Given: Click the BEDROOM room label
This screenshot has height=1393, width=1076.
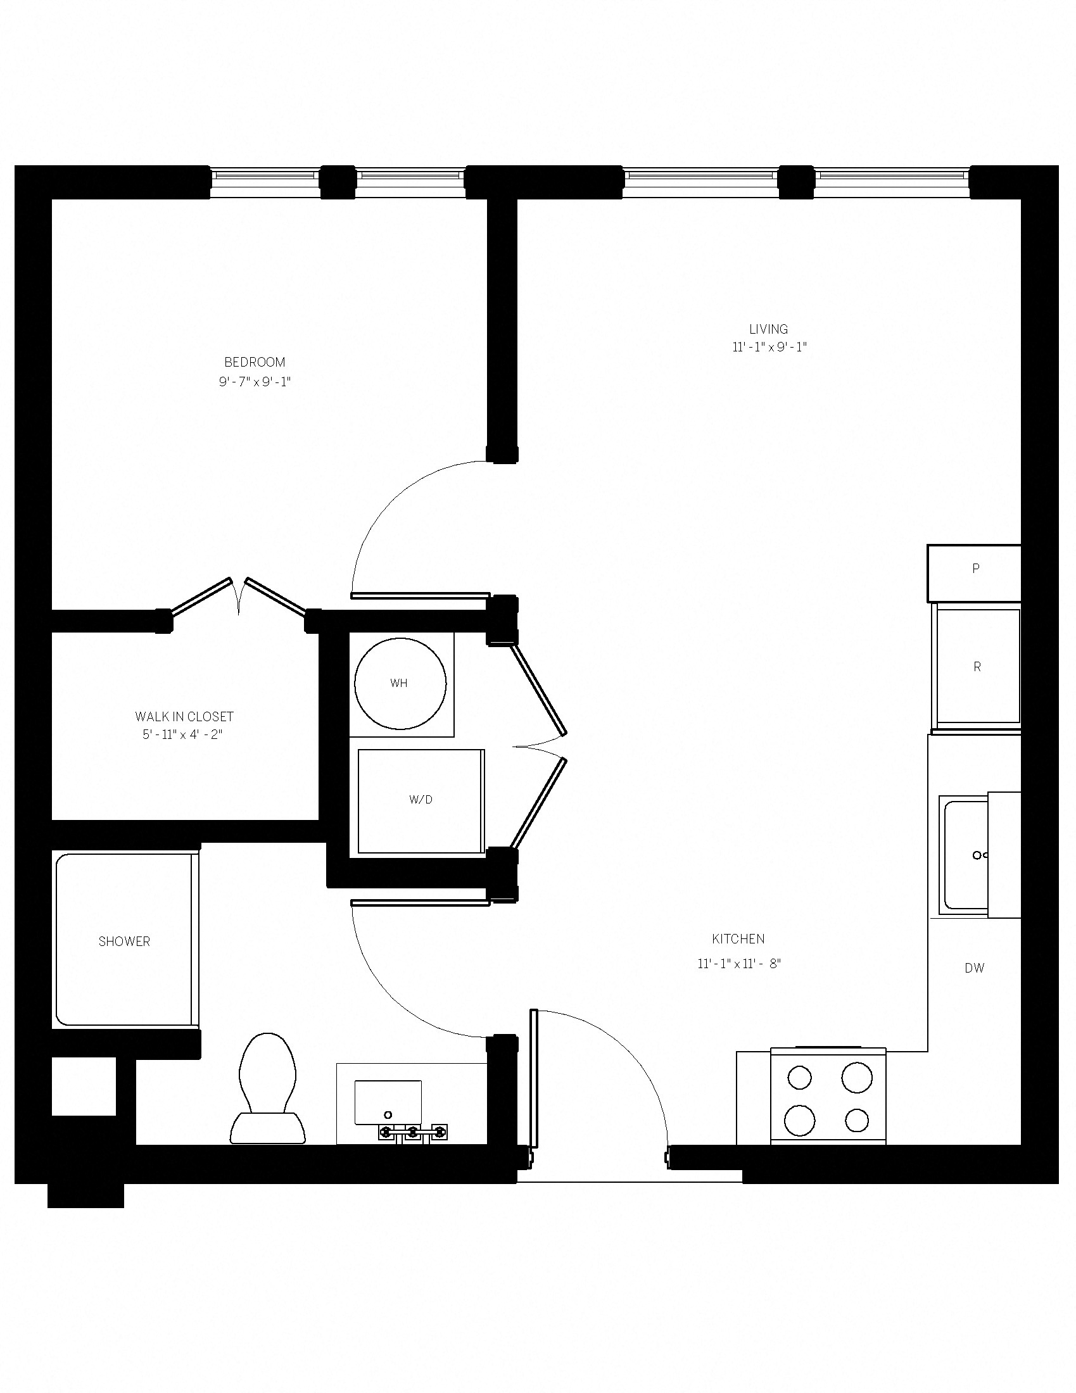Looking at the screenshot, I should [x=255, y=362].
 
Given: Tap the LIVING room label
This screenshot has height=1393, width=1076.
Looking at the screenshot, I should [x=768, y=329].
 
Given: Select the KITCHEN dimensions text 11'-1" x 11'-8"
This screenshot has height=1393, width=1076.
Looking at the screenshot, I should [x=738, y=963].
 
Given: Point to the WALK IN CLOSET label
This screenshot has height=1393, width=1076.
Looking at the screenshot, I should [x=184, y=716].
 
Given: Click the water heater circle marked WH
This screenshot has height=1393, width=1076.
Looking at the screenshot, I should [x=400, y=683].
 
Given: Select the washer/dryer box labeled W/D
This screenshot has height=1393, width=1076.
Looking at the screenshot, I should [x=421, y=800].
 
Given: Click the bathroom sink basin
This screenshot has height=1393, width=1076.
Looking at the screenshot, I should [x=388, y=1103].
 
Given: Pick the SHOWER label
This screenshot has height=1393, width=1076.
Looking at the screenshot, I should [x=124, y=942].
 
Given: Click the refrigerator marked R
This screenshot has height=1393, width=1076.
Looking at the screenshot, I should [x=977, y=667].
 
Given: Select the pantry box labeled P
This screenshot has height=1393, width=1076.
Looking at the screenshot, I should [x=975, y=569].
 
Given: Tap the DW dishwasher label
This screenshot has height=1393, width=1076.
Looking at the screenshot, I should [x=974, y=968].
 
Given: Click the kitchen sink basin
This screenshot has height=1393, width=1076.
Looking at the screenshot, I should [x=966, y=855].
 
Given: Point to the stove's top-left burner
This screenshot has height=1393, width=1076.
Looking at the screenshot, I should [x=799, y=1078].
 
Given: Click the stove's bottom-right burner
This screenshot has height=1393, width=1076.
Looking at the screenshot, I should [x=857, y=1120].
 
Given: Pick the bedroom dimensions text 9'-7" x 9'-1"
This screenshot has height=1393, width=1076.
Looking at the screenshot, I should [x=255, y=382].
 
